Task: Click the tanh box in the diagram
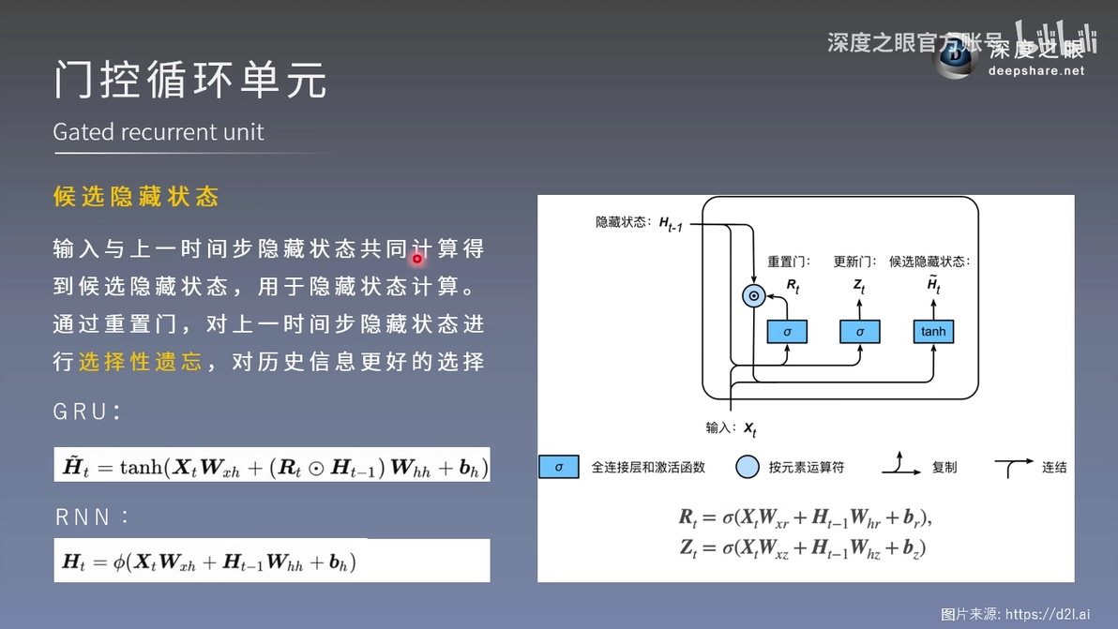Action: [933, 331]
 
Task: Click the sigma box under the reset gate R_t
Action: [787, 331]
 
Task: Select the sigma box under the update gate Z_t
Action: [860, 331]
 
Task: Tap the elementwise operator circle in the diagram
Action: [754, 295]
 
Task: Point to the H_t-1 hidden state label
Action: [671, 224]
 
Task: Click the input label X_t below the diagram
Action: [750, 428]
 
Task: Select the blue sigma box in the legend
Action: [559, 467]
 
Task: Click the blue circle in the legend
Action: [748, 467]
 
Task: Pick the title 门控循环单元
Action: [190, 79]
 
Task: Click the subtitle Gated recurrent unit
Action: [159, 132]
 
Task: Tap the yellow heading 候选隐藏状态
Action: [135, 196]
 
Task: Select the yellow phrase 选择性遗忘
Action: [141, 361]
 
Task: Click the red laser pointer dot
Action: [417, 259]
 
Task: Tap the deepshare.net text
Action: [1036, 70]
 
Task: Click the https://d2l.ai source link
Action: [1048, 614]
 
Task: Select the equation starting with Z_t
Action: [803, 547]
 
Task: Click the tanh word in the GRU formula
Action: [142, 467]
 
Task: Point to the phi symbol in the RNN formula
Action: [118, 562]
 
